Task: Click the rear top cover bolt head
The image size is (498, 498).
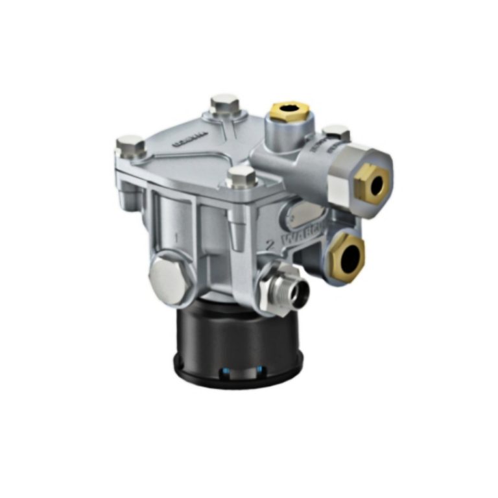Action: coord(224,104)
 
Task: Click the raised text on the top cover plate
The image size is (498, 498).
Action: coord(190,138)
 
